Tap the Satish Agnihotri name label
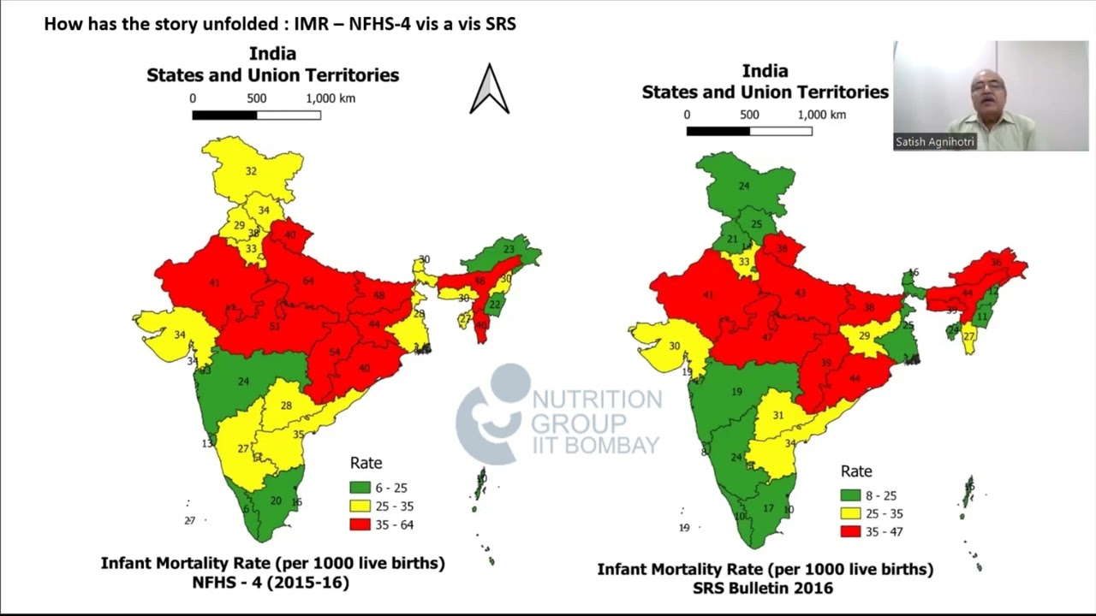click(x=935, y=142)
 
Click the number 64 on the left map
click(x=308, y=281)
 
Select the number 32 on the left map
click(x=251, y=171)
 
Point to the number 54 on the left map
click(x=335, y=352)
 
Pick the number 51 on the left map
click(x=275, y=326)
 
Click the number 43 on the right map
click(x=801, y=293)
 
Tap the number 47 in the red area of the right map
click(x=767, y=337)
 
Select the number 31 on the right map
click(x=777, y=415)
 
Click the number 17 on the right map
click(x=768, y=508)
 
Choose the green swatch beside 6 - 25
click(x=360, y=488)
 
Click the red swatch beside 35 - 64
click(x=360, y=524)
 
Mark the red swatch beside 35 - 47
click(x=850, y=531)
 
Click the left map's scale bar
click(x=256, y=115)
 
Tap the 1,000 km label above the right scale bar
click(x=822, y=115)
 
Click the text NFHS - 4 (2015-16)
click(x=272, y=582)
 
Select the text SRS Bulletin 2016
click(x=764, y=588)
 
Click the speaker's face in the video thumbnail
click(x=986, y=89)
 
